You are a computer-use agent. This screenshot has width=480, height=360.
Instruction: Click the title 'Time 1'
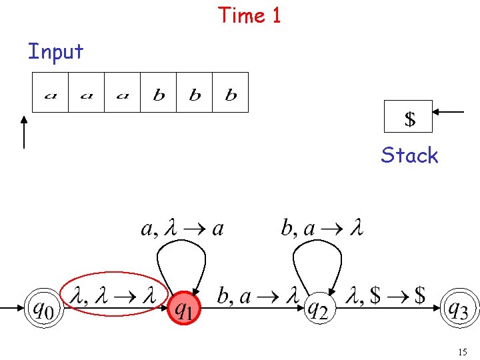[250, 15]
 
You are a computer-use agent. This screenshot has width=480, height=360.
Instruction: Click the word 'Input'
[55, 51]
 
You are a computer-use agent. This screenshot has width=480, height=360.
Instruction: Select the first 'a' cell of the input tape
[51, 93]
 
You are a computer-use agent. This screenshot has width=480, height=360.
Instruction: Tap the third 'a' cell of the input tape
[122, 93]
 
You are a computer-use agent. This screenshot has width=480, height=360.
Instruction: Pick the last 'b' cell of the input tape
[231, 93]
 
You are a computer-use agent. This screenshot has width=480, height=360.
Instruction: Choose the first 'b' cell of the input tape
[159, 93]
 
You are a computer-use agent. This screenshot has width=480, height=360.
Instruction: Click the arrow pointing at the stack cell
[449, 112]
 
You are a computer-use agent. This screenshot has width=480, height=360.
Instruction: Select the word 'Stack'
[409, 155]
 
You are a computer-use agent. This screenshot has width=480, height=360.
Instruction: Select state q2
[319, 309]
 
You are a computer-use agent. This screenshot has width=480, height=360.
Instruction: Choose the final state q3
[460, 309]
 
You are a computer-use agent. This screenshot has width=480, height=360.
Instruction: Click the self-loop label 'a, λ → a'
[182, 229]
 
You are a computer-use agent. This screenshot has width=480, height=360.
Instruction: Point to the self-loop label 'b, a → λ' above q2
[322, 229]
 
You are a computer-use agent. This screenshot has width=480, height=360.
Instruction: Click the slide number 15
[462, 351]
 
